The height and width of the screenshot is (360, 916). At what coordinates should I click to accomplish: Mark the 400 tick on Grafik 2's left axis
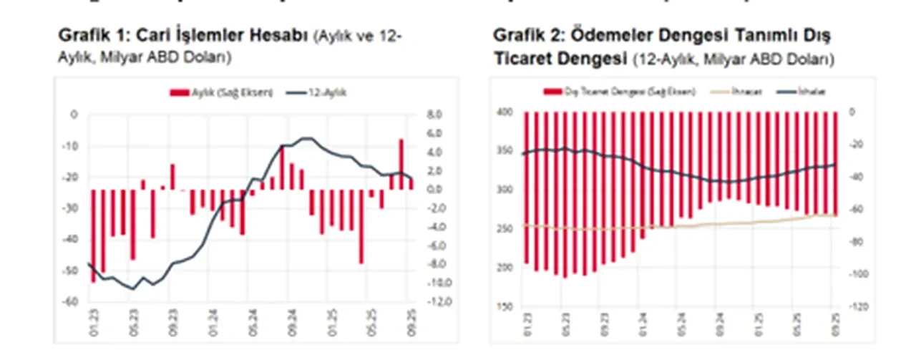click(505, 112)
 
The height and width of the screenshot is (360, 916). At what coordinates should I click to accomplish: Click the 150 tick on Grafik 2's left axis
click(505, 306)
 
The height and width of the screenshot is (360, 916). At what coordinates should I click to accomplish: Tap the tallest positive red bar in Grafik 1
click(401, 164)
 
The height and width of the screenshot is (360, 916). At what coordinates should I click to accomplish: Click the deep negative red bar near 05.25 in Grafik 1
click(361, 226)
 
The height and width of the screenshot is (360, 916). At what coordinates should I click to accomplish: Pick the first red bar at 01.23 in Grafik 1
click(93, 235)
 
